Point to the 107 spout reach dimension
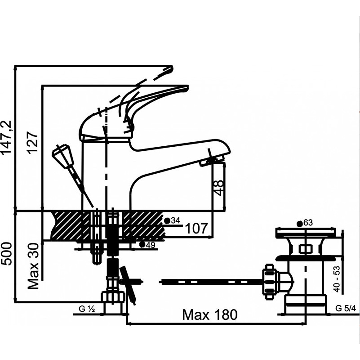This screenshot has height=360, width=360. (x=196, y=228)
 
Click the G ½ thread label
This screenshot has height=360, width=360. (x=87, y=309)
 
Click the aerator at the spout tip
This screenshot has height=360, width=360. (x=212, y=161)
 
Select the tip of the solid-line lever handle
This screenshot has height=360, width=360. (x=184, y=88)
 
